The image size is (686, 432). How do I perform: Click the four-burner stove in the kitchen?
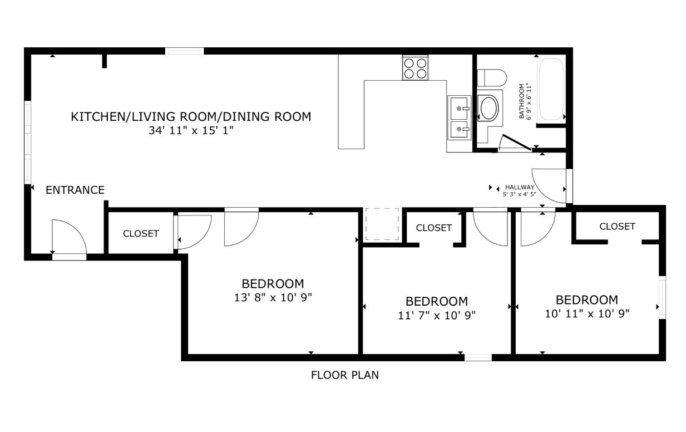coord(415,68)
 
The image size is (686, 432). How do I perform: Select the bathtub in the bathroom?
coord(551,89)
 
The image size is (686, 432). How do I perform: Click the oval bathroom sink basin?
coord(489,108)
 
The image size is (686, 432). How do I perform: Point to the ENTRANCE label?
coord(75,190)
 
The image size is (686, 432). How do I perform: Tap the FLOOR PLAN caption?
coord(344,375)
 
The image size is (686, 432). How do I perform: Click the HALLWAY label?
coord(519,187)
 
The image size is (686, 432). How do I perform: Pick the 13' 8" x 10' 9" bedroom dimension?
coord(273,298)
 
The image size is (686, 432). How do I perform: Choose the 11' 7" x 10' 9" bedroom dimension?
coord(436,316)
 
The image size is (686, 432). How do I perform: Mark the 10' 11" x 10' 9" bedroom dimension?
coord(587,313)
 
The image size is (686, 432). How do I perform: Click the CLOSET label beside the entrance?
coord(141,234)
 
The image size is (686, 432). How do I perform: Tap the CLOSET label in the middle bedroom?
coord(433,228)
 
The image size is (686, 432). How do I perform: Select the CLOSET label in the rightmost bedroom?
coord(617,227)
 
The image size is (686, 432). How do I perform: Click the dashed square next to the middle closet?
coord(382,224)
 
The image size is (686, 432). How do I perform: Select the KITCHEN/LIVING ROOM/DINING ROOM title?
coord(191,117)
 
